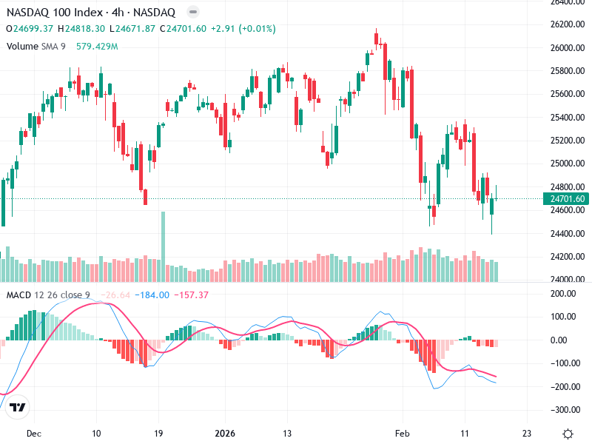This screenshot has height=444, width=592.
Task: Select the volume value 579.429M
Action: point(97,47)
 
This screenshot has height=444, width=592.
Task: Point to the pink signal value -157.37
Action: point(192,295)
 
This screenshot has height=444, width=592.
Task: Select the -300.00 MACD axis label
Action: point(566,410)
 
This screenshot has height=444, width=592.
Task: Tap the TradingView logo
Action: point(18,407)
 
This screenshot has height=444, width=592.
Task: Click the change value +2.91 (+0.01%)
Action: point(243,29)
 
